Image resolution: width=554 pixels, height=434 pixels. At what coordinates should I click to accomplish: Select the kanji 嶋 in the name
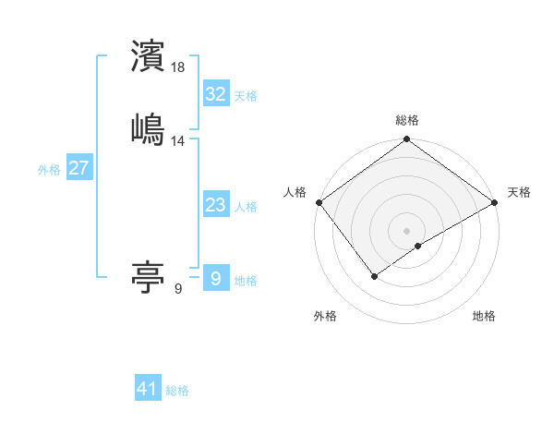pyautogui.click(x=149, y=129)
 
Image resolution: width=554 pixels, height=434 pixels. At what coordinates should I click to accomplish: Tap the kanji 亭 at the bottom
pyautogui.click(x=149, y=276)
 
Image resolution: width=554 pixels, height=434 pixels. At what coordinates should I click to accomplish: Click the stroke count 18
pyautogui.click(x=178, y=67)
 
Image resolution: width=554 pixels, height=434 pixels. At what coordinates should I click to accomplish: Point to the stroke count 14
pyautogui.click(x=178, y=141)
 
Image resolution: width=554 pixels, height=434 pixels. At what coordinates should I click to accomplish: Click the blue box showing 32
pyautogui.click(x=215, y=94)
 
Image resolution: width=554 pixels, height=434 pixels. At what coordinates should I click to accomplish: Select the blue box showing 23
pyautogui.click(x=215, y=205)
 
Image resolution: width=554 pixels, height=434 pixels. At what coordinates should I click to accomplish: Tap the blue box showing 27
pyautogui.click(x=79, y=168)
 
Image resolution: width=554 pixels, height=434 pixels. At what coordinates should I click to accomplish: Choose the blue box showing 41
pyautogui.click(x=148, y=389)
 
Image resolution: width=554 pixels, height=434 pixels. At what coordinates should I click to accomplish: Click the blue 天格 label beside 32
pyautogui.click(x=246, y=96)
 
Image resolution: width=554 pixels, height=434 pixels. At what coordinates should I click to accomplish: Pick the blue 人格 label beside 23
pyautogui.click(x=246, y=207)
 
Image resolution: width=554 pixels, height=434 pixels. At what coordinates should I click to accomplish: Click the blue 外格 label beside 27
pyautogui.click(x=49, y=170)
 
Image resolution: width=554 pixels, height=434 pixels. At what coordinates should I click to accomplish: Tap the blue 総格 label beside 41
pyautogui.click(x=178, y=391)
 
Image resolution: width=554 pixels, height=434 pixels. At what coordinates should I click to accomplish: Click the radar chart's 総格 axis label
pyautogui.click(x=407, y=121)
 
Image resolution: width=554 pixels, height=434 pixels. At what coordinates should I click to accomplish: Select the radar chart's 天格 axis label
pyautogui.click(x=519, y=192)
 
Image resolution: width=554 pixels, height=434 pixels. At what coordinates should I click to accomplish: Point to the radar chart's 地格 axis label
pyautogui.click(x=484, y=316)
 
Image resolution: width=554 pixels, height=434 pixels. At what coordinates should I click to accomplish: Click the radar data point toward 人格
pyautogui.click(x=319, y=202)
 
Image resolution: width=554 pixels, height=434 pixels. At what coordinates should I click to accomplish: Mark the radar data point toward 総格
pyautogui.click(x=407, y=140)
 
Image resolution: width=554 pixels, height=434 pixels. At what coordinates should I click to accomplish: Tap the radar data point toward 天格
pyautogui.click(x=496, y=202)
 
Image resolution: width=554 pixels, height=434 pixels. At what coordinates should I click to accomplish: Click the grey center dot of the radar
pyautogui.click(x=407, y=230)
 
